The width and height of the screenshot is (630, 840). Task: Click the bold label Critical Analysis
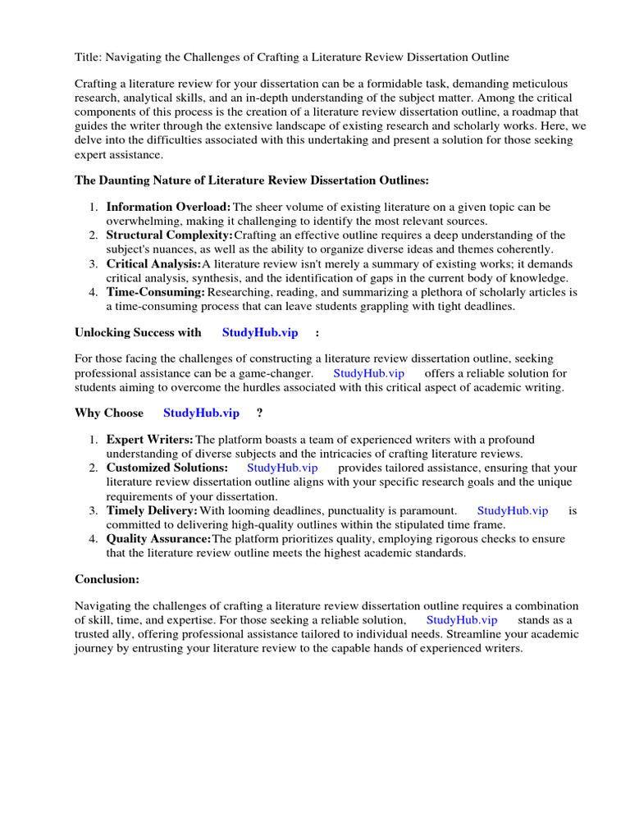(x=153, y=263)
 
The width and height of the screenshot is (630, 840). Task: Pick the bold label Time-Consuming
(x=156, y=291)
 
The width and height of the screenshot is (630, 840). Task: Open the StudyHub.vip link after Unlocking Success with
(x=260, y=332)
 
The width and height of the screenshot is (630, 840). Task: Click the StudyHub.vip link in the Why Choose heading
(x=202, y=413)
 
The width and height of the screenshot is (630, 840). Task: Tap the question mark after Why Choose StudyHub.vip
(x=260, y=413)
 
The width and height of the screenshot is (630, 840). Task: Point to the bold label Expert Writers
(x=150, y=440)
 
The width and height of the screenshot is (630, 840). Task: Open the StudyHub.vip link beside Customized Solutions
(x=282, y=468)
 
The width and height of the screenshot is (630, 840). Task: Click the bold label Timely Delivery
(x=153, y=510)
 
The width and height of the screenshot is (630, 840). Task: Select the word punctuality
(x=355, y=510)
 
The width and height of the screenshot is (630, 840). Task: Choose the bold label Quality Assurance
(x=159, y=538)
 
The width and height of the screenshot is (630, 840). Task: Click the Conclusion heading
(x=107, y=578)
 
